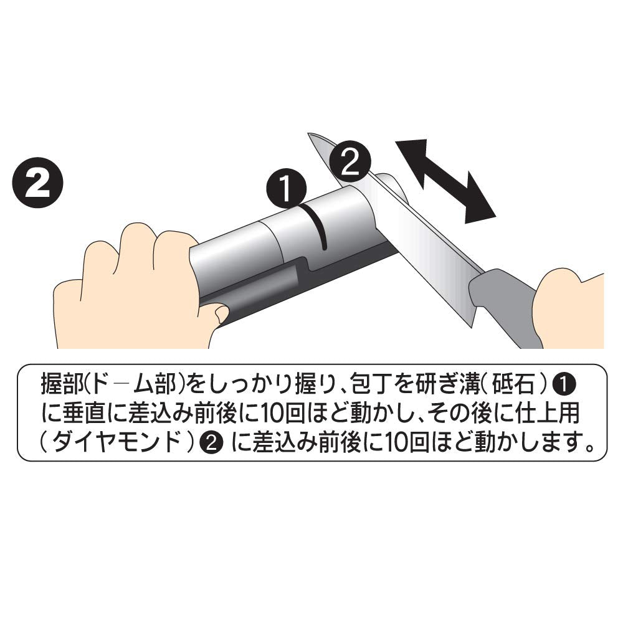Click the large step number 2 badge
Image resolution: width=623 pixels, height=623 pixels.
click(38, 184)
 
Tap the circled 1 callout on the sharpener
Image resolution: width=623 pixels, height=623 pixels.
click(287, 188)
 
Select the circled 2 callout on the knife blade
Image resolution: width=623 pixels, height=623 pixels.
click(350, 161)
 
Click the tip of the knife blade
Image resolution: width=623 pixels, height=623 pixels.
click(309, 135)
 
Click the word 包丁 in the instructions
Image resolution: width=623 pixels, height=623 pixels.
click(373, 384)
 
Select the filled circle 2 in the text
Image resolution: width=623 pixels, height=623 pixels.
click(211, 442)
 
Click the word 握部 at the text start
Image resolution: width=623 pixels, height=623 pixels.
click(63, 384)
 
